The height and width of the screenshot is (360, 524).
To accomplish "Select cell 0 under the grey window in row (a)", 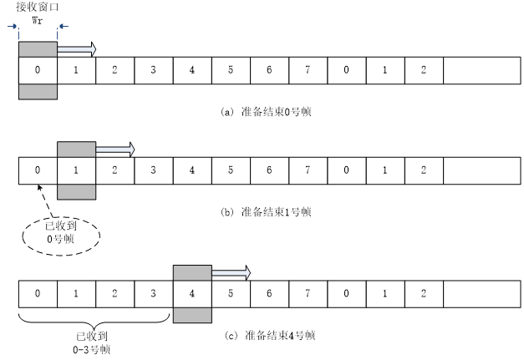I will pos(37,69).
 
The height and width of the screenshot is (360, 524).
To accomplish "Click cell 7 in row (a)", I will pos(308,69).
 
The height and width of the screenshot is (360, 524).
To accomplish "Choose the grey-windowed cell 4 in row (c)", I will pos(192,293).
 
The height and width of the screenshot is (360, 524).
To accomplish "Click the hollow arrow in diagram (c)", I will pos(231,273).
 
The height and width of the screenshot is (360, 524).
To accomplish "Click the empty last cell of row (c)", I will pos(481,293).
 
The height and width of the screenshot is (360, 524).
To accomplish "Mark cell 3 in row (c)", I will pos(153,293).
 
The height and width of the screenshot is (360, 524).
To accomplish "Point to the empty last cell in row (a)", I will pos(481,69).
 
